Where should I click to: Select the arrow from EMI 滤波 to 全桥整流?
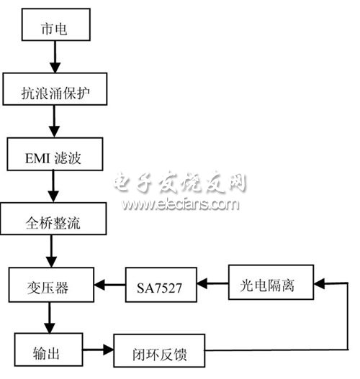click(52, 188)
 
